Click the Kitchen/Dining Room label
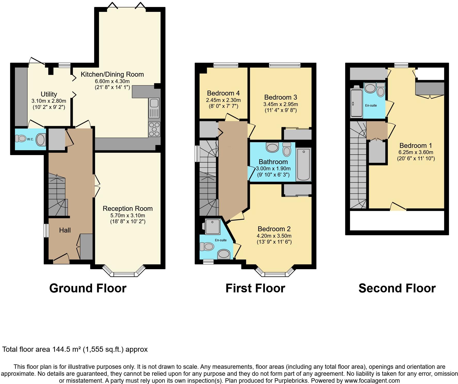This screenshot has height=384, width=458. coord(112,74)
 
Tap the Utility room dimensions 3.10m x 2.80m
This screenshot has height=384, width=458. coord(49,101)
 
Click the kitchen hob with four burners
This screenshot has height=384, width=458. coord(154,129)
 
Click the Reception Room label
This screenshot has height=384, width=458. coord(128,209)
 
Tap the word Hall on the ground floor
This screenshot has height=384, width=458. coord(65,230)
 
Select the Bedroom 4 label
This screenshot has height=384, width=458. coord(223,93)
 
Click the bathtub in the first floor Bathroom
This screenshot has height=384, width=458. coord(304,164)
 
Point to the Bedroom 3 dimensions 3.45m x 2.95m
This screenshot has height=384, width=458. coord(281,104)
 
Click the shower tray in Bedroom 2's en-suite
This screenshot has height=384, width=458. coord(212,227)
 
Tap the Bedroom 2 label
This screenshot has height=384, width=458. coord(274,229)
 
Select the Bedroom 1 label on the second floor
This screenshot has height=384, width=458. coord(416,146)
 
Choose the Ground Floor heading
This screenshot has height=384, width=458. coord(88,288)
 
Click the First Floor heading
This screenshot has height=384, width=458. coord(255,288)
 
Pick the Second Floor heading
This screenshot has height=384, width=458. coord(397,288)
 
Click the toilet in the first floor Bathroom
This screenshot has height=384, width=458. coord(287,149)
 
